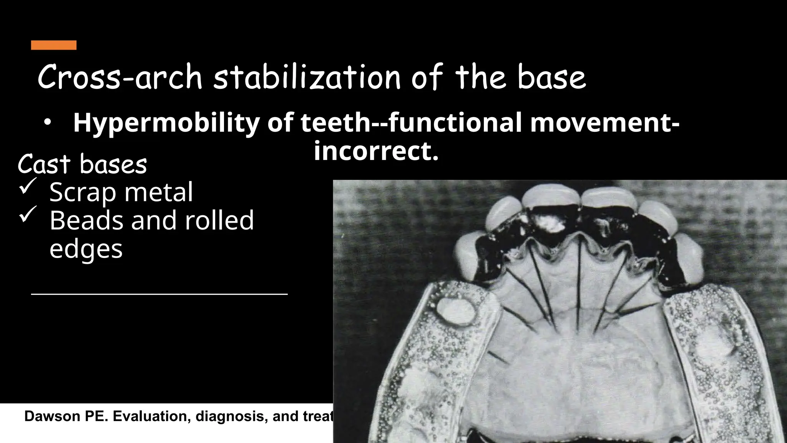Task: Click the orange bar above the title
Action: (53, 45)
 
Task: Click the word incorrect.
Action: (376, 152)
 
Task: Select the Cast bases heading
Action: (82, 165)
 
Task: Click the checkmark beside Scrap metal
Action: (28, 186)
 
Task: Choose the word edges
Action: (86, 249)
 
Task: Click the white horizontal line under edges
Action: (159, 294)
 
